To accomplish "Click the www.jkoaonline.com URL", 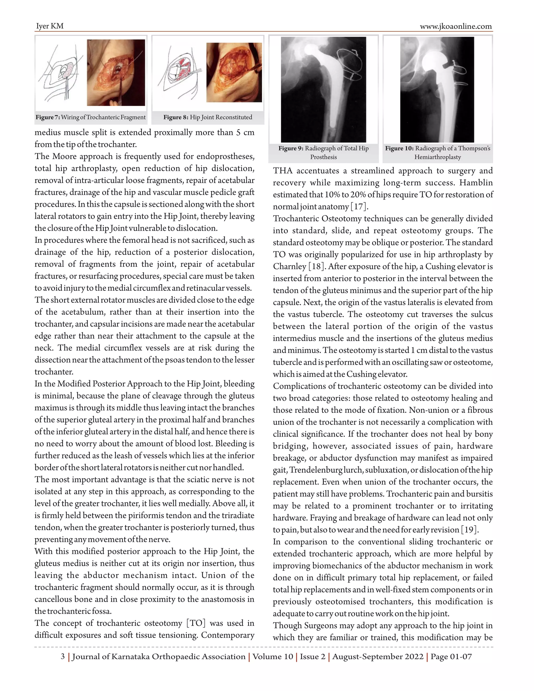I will tap(456, 26).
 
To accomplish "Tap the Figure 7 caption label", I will tap(48, 117).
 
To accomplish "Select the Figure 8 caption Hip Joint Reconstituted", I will tap(208, 117).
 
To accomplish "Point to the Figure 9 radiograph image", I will tap(323, 89).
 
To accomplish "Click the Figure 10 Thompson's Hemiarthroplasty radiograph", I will tap(437, 89).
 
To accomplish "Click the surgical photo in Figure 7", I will tap(116, 72).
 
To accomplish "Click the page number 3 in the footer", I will tap(63, 657).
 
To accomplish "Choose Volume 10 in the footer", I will tap(273, 657).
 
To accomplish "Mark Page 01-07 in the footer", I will tap(451, 657).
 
